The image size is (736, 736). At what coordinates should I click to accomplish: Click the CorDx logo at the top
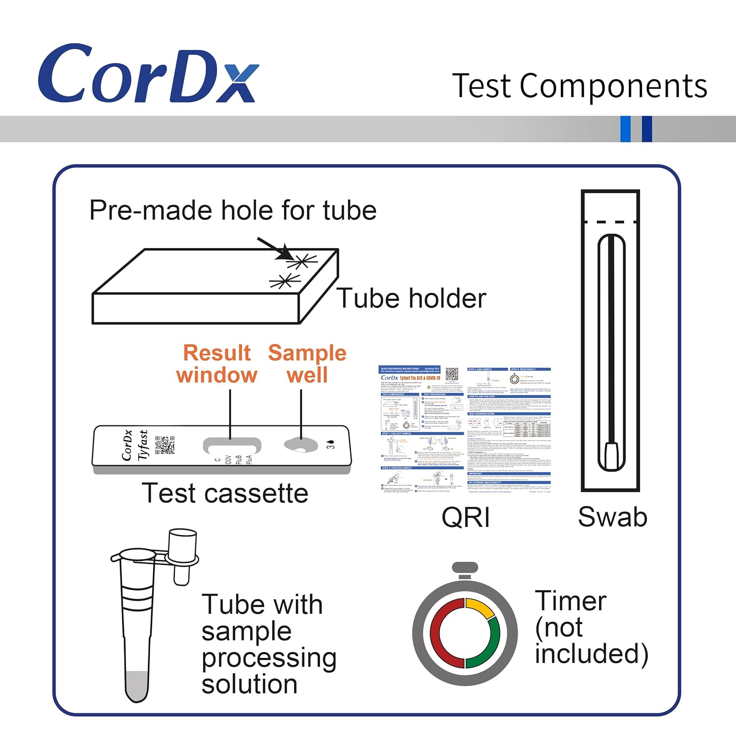(147, 74)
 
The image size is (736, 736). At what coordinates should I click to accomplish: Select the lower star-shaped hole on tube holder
(284, 282)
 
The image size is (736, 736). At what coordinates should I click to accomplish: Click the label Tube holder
(411, 298)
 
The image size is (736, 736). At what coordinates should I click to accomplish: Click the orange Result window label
(216, 364)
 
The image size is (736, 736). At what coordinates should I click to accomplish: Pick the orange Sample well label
(307, 364)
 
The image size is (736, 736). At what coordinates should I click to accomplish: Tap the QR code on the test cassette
(165, 445)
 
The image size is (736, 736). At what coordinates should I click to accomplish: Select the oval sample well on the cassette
(301, 445)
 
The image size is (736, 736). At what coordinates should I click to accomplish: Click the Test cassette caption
(225, 493)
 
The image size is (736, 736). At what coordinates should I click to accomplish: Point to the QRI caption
(465, 517)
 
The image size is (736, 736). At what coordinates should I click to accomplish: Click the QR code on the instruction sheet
(451, 374)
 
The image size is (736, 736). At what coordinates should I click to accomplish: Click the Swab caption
(612, 517)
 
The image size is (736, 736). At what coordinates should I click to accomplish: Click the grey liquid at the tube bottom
(136, 684)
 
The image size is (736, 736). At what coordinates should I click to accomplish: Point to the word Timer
(571, 601)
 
